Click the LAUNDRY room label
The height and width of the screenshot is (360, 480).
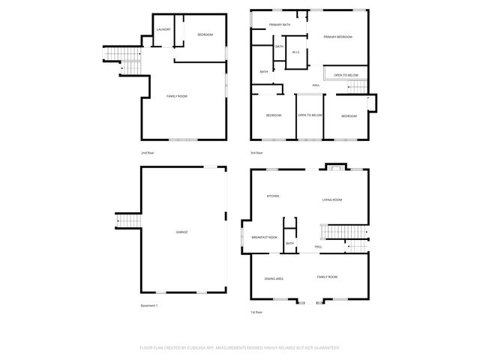[x=163, y=29]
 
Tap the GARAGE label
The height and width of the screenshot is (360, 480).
[x=181, y=232]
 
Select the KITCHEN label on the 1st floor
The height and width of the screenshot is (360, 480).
[x=273, y=196]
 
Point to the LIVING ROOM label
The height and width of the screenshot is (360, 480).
[x=332, y=199]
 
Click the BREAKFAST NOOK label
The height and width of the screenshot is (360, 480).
[x=264, y=237]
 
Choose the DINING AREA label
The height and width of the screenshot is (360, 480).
[x=274, y=278]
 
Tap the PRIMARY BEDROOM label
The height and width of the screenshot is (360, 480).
[x=337, y=37]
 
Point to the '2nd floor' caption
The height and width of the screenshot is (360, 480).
[x=148, y=152]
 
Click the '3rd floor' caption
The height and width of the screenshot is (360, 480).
[x=256, y=152]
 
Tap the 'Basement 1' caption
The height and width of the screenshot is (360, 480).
[x=150, y=305]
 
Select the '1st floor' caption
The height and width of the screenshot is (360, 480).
[x=256, y=312]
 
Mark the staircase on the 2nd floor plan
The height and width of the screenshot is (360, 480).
[x=128, y=61]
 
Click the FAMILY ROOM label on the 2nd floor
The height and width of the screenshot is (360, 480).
[x=177, y=96]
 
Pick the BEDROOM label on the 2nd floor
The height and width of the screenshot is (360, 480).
[x=205, y=35]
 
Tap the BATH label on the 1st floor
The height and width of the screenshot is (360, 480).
[x=289, y=243]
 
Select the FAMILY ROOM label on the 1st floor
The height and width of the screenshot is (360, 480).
[x=327, y=277]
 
